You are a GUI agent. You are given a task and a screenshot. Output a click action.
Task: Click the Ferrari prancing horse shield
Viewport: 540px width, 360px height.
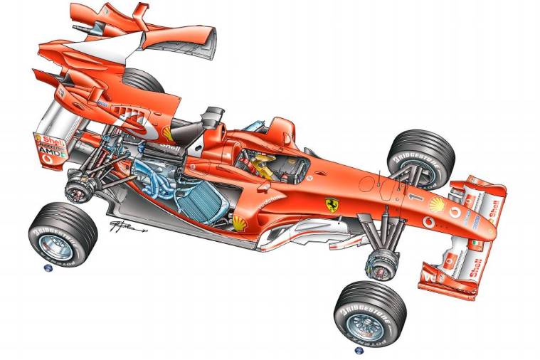click(x=332, y=205)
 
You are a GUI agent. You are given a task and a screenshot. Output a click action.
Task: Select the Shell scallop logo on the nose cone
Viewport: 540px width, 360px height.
click(x=436, y=206)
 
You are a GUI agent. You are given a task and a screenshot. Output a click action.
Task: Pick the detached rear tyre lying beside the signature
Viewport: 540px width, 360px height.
click(x=63, y=232)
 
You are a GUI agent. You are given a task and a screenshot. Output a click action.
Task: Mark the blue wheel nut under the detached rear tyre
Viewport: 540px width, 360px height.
click(x=48, y=268)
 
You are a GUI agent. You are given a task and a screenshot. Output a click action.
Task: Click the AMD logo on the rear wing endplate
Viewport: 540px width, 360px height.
click(x=50, y=152)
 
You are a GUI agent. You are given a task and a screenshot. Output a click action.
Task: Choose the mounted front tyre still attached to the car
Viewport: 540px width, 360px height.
click(x=420, y=159)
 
